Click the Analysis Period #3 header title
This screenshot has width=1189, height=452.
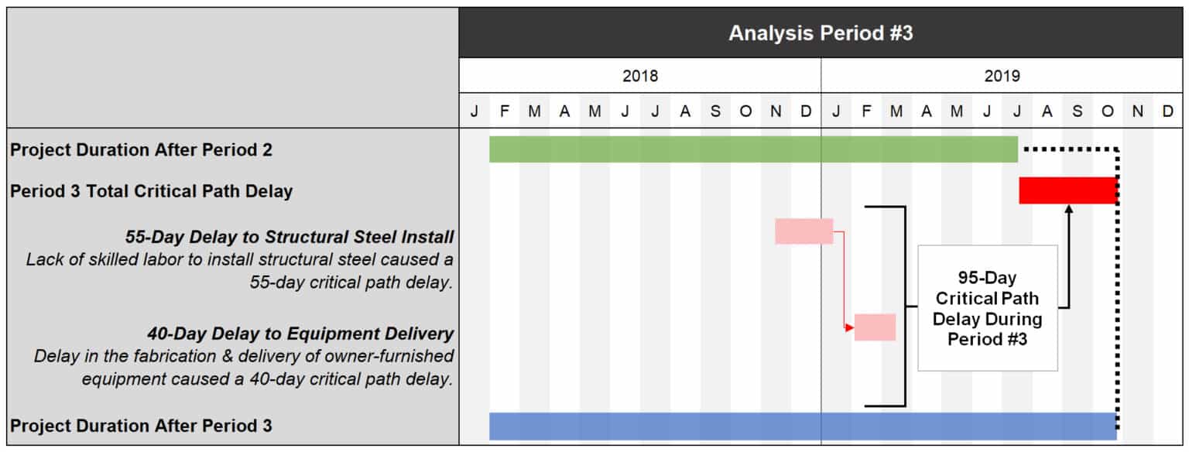(x=821, y=33)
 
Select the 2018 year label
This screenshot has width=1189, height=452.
(x=640, y=76)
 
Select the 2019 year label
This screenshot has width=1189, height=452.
(x=1002, y=76)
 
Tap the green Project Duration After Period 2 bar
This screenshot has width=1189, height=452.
(x=753, y=149)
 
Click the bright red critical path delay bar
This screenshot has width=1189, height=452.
(x=1068, y=190)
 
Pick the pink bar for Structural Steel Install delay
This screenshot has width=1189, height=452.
(x=804, y=231)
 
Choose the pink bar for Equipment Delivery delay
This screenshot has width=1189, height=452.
(x=875, y=327)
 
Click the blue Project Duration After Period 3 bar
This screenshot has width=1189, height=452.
(x=803, y=426)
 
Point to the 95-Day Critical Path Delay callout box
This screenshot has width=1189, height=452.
(x=987, y=308)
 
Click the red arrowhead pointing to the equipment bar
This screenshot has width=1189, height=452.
(x=850, y=327)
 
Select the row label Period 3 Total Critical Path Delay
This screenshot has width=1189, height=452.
(x=151, y=191)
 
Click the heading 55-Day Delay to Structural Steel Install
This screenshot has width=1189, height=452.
(x=290, y=236)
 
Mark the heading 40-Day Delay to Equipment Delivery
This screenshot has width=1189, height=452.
(x=300, y=334)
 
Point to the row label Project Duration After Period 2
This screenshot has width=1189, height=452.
(x=141, y=150)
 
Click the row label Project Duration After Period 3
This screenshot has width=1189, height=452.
(x=141, y=426)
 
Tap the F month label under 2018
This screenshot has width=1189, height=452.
(x=504, y=111)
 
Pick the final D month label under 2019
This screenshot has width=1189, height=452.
(x=1167, y=111)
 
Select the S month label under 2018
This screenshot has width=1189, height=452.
(x=715, y=111)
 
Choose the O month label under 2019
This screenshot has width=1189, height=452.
(x=1107, y=111)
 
